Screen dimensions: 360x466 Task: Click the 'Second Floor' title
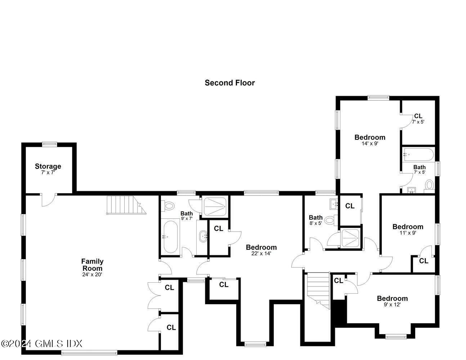tap(230, 83)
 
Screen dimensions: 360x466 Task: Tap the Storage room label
tap(48, 166)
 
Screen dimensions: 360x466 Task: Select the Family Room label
tap(92, 265)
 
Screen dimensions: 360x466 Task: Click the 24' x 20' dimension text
tap(92, 275)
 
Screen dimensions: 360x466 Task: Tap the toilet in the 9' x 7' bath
tap(169, 206)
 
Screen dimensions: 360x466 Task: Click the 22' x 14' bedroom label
tap(261, 247)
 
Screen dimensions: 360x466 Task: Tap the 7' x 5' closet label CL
tap(418, 116)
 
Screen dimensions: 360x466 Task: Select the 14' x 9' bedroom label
tap(370, 137)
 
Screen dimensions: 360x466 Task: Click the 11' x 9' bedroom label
tap(408, 227)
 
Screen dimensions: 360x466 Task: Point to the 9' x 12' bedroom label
tap(392, 298)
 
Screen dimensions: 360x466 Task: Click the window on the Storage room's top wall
tap(49, 144)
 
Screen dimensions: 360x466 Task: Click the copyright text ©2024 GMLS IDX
tap(42, 343)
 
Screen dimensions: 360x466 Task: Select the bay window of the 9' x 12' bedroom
tap(395, 337)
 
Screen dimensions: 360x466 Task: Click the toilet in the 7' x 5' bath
tap(429, 185)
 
